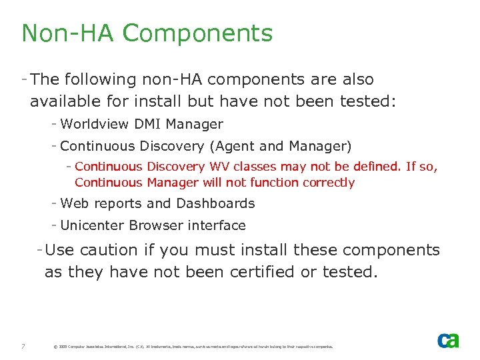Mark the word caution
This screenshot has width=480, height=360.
pyautogui.click(x=108, y=250)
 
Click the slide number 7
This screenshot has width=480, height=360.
pyautogui.click(x=23, y=346)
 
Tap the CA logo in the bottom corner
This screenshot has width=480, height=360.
pyautogui.click(x=448, y=341)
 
